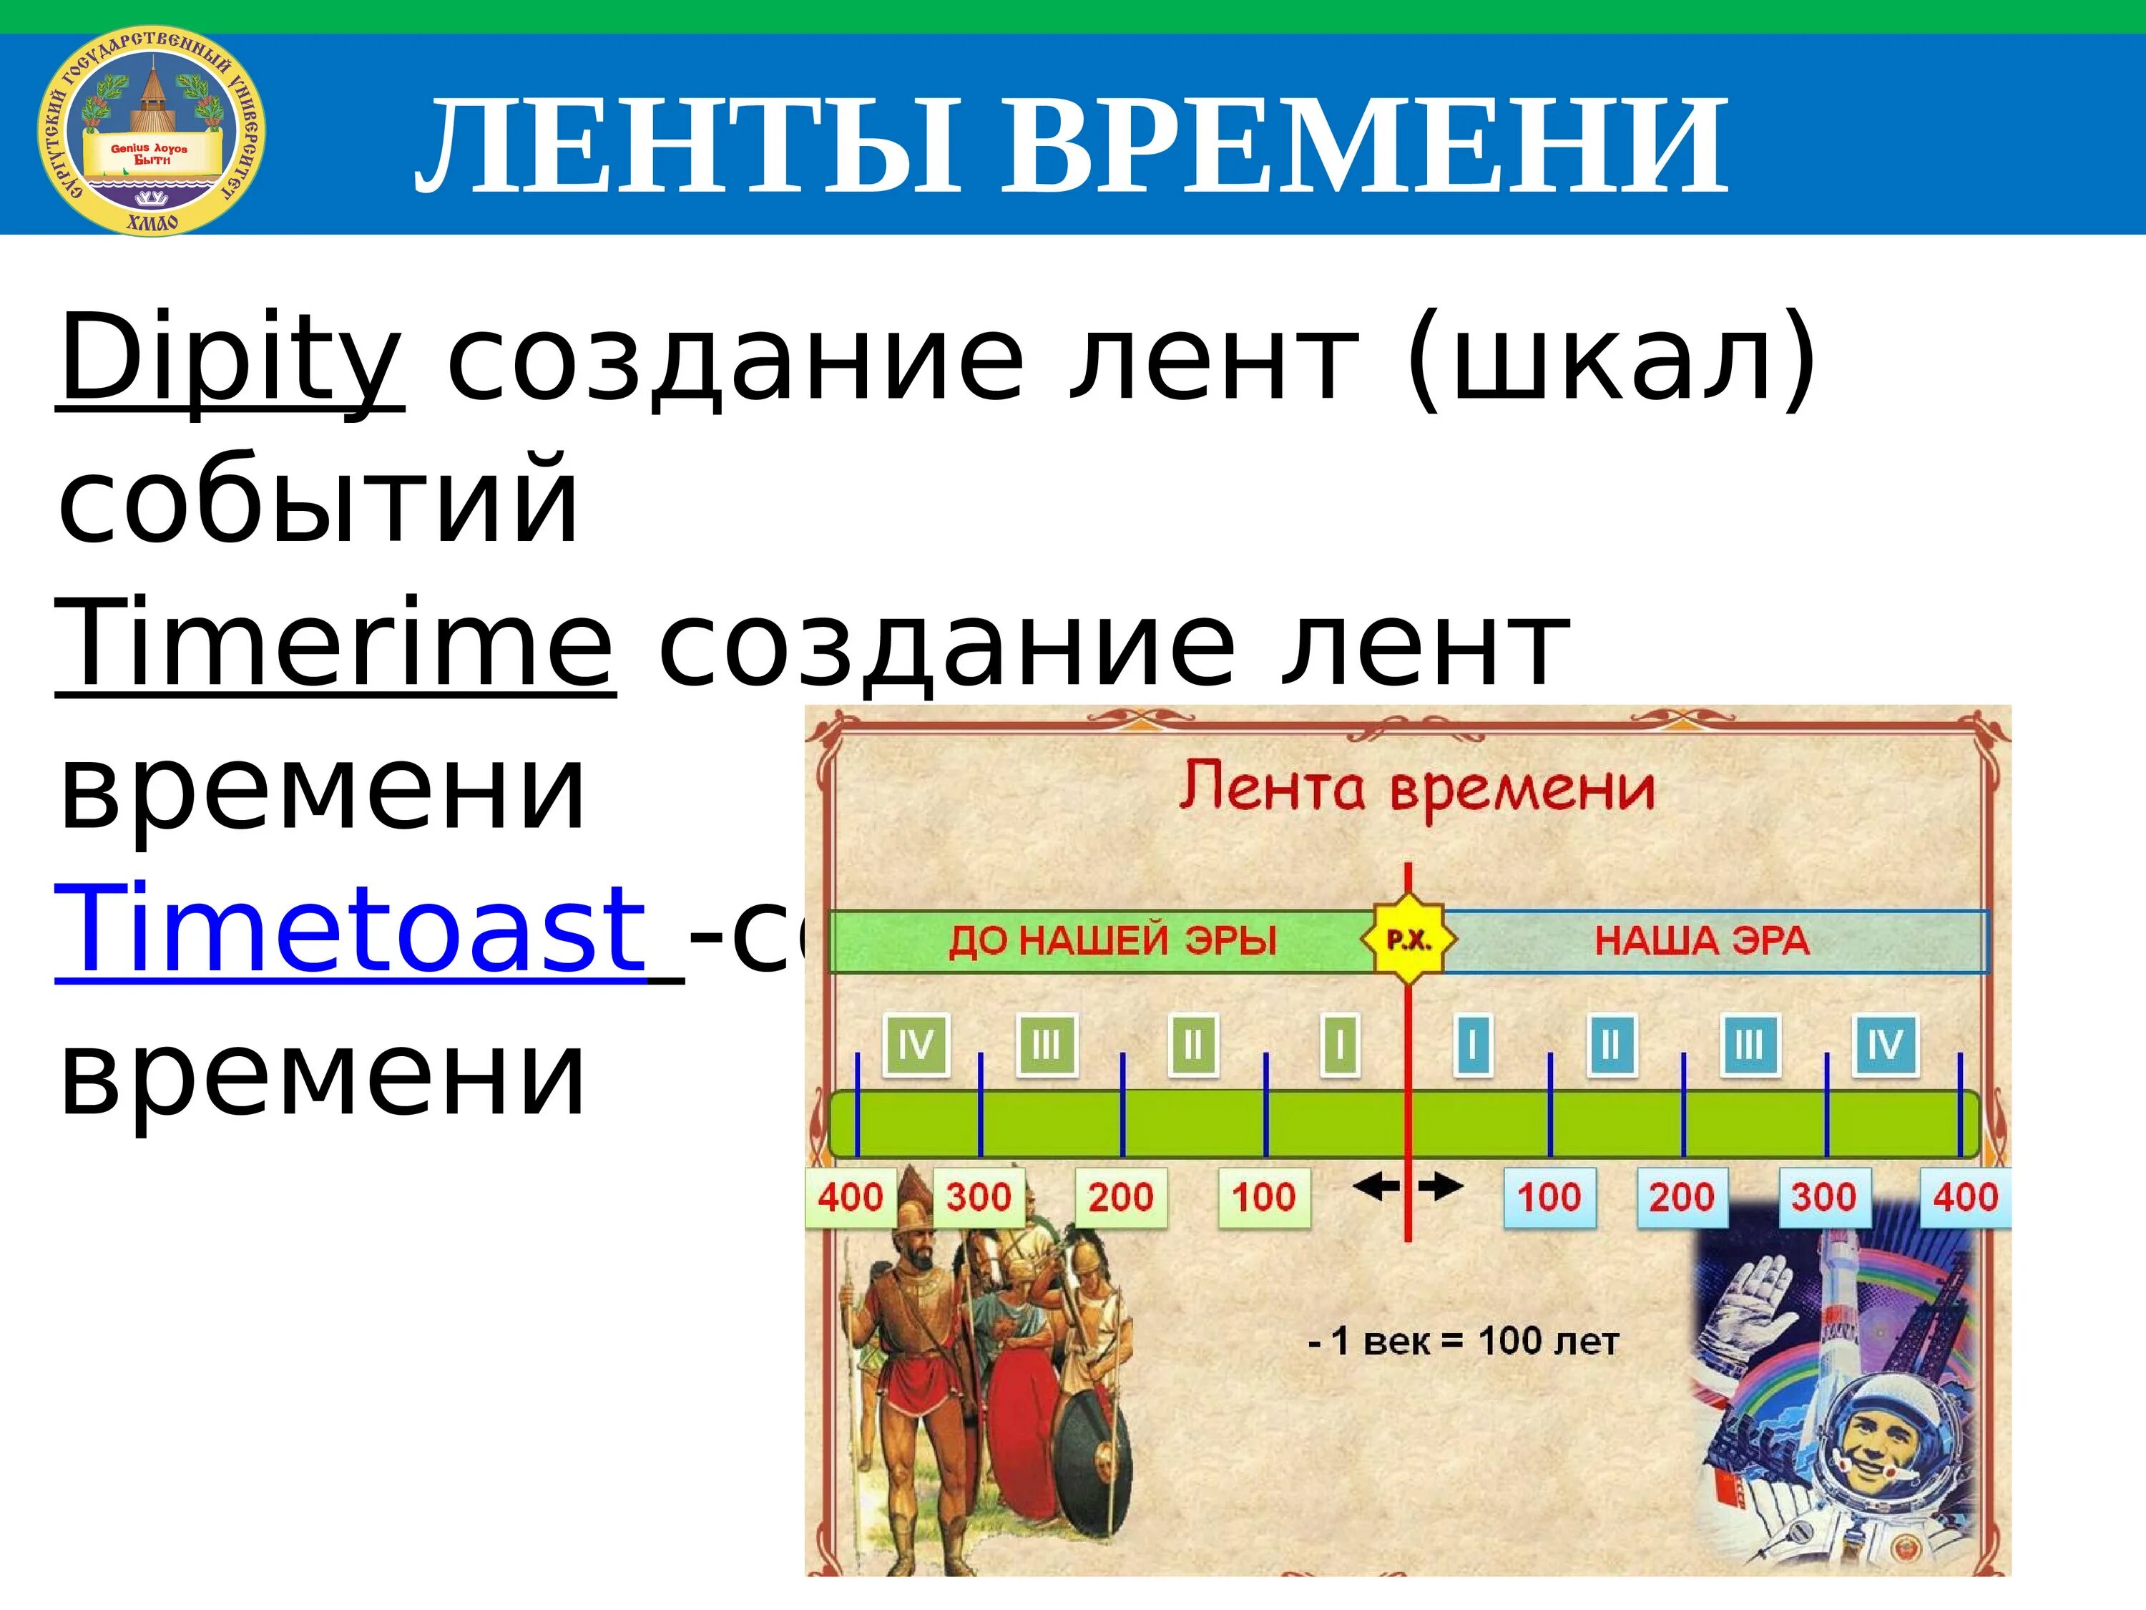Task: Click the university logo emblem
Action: [152, 131]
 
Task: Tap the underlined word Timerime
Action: [335, 643]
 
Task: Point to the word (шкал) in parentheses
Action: [1610, 357]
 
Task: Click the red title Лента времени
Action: [1416, 788]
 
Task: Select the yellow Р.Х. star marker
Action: [1408, 940]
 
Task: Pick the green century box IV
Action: [915, 1046]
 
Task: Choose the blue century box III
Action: [1749, 1046]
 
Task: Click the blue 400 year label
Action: [1964, 1196]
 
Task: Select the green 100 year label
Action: [1263, 1196]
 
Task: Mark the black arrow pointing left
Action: [1376, 1185]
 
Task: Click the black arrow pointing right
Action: [1441, 1185]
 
